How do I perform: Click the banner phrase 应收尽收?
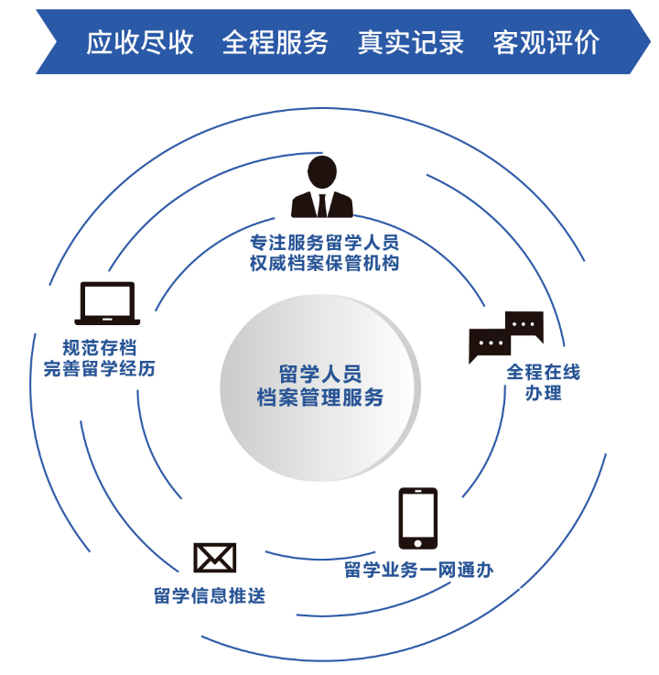click(x=140, y=42)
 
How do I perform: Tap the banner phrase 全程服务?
click(x=275, y=42)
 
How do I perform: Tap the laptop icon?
click(x=108, y=303)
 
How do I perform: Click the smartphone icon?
click(x=417, y=518)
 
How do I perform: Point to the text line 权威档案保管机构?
click(x=324, y=264)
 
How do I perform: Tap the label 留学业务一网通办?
click(x=418, y=570)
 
